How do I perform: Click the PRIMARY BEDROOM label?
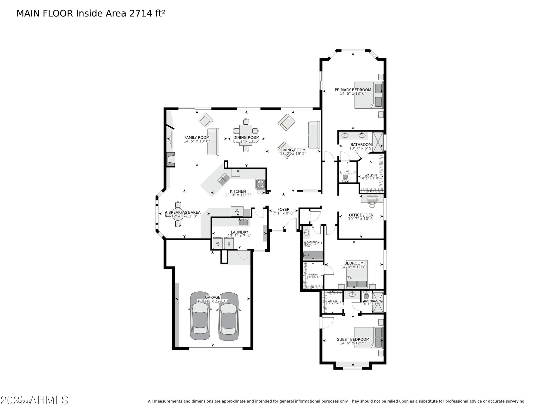pos(353,90)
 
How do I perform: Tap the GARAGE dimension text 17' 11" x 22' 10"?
pos(212,301)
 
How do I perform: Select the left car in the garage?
pos(200,316)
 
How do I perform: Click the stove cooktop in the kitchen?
pos(260,184)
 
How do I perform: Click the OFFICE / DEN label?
pos(361,215)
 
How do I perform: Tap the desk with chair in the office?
pos(372,199)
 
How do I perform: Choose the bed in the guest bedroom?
pos(368,337)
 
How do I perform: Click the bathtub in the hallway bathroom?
pos(313,255)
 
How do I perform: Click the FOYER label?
pos(283,209)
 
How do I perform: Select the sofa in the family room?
pos(213,142)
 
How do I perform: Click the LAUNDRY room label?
pos(239,232)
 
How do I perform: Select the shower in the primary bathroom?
pos(378,142)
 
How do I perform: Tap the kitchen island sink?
pos(224,179)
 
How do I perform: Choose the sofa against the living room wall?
pos(314,135)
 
